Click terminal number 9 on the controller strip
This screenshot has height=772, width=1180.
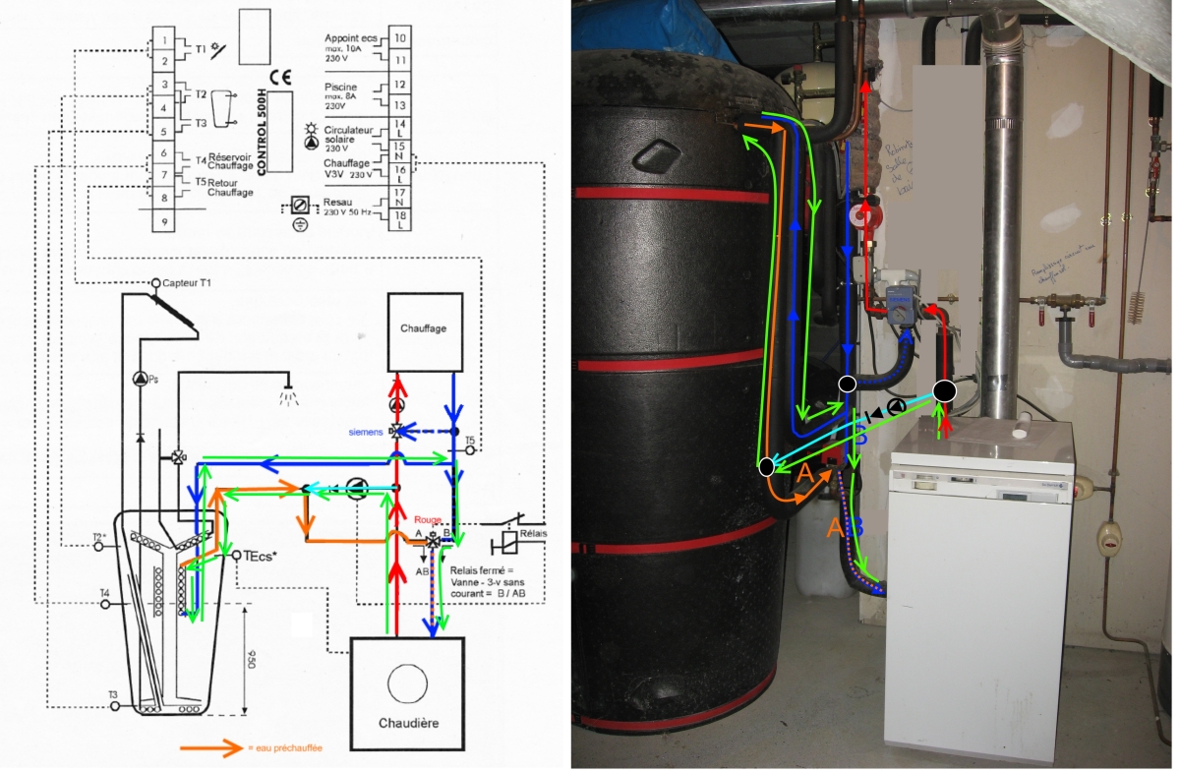pyautogui.click(x=165, y=222)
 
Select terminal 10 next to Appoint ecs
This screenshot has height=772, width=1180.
pyautogui.click(x=400, y=38)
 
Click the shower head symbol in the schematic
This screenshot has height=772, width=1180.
pyautogui.click(x=287, y=398)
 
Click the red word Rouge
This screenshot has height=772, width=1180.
pyautogui.click(x=427, y=521)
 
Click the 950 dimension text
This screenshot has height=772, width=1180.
pyautogui.click(x=252, y=656)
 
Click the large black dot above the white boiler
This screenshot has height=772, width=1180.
pyautogui.click(x=943, y=390)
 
